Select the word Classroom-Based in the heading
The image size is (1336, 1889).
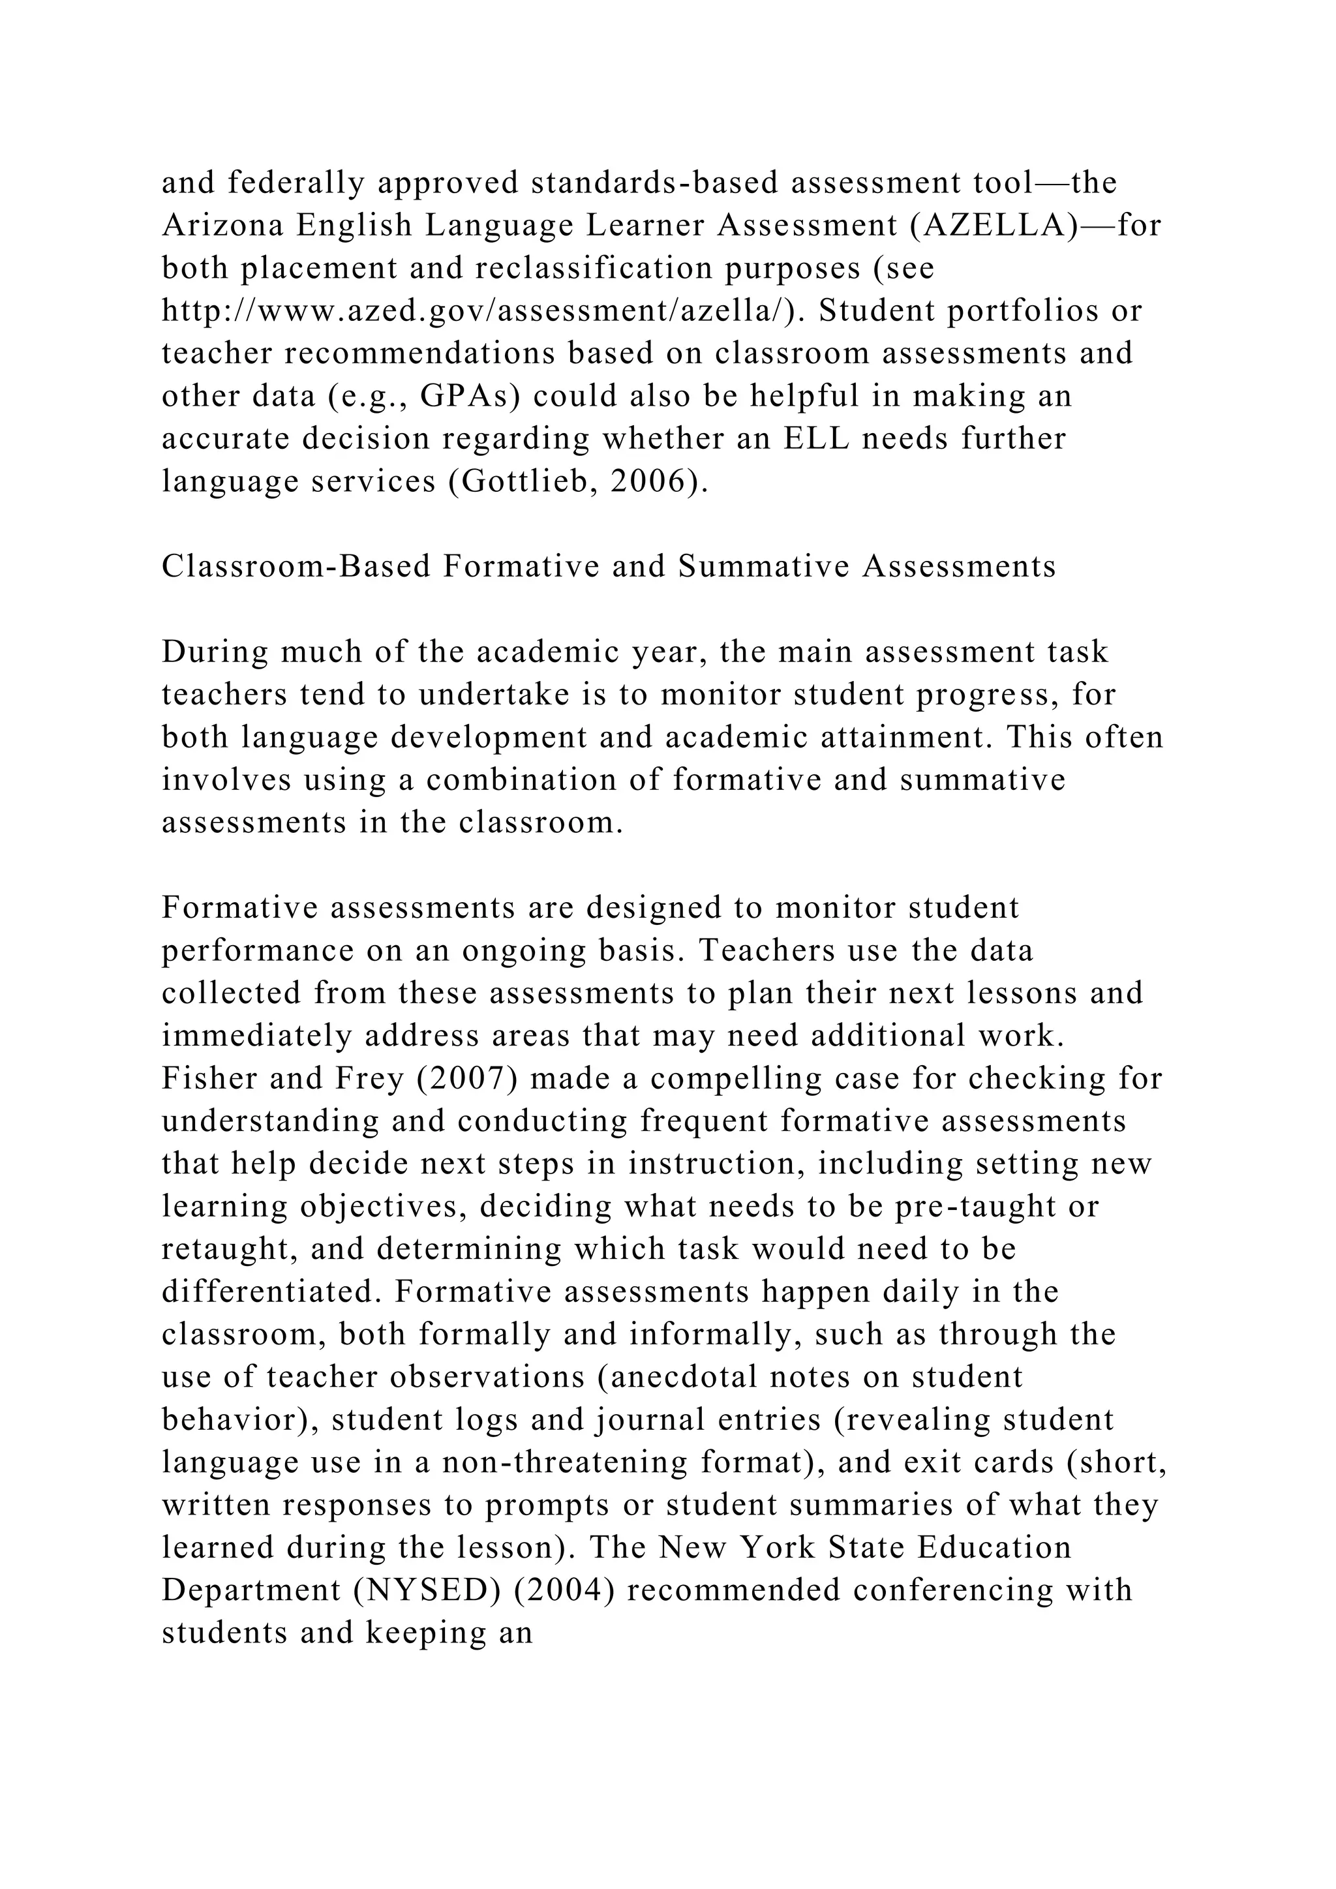click(296, 567)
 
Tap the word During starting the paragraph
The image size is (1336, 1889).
click(214, 652)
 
